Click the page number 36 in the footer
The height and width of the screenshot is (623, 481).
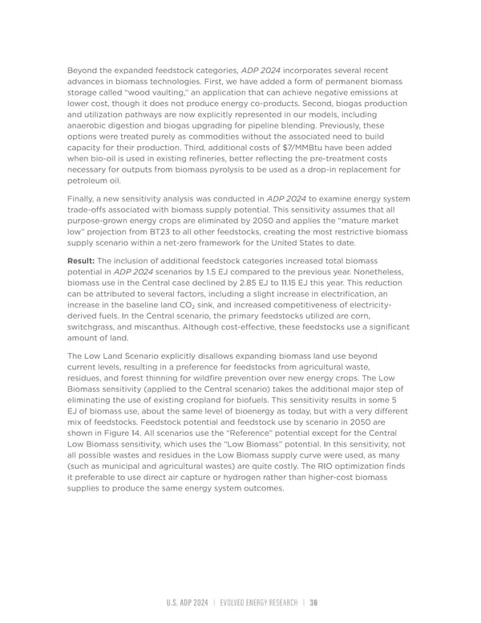click(x=314, y=603)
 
